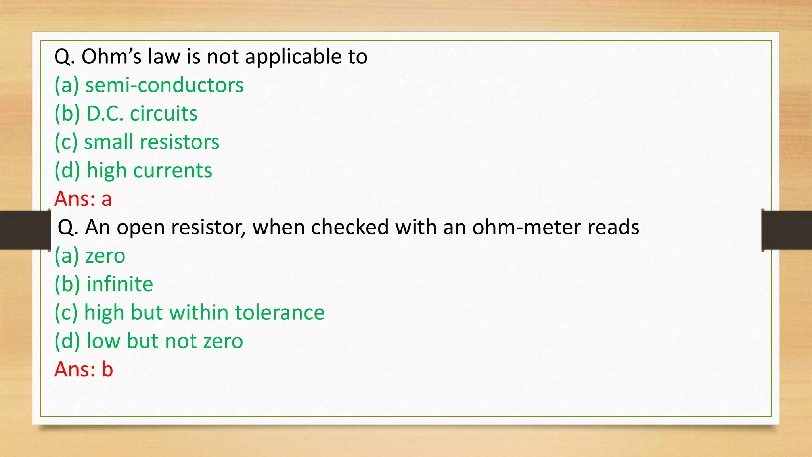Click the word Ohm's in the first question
pyautogui.click(x=111, y=56)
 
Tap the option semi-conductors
pyautogui.click(x=164, y=85)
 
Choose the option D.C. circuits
pyautogui.click(x=142, y=114)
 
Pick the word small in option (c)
pyautogui.click(x=107, y=142)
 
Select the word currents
pyautogui.click(x=172, y=171)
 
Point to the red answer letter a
pyautogui.click(x=106, y=199)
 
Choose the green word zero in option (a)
pyautogui.click(x=105, y=256)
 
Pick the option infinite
pyautogui.click(x=120, y=284)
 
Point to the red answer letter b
pyautogui.click(x=107, y=369)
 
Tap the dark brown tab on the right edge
pyautogui.click(x=787, y=230)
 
